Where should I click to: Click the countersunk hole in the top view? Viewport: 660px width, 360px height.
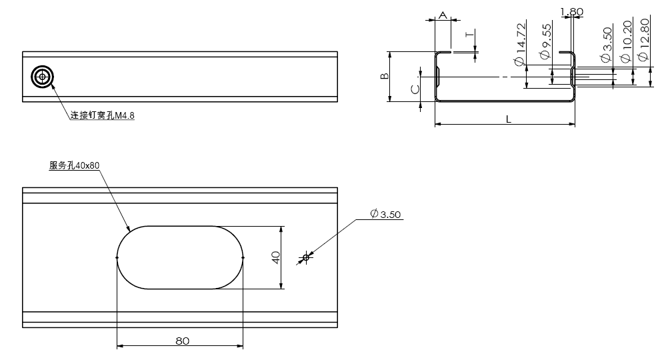43,77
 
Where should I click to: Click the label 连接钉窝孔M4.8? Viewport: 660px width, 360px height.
103,115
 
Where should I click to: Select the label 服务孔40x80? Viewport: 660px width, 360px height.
74,165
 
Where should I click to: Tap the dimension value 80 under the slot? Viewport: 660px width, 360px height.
183,340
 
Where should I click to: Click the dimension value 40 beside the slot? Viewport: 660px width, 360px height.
275,257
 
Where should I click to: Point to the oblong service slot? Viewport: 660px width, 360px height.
180,257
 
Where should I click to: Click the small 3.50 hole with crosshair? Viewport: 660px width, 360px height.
307,257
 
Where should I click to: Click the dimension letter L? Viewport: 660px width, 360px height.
509,119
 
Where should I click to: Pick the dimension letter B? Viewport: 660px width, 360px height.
385,77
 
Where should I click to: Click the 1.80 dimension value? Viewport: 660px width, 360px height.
572,11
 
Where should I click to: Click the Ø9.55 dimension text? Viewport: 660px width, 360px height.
546,39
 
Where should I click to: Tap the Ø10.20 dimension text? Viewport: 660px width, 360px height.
625,41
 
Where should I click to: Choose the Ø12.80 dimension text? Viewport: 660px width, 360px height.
643,39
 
